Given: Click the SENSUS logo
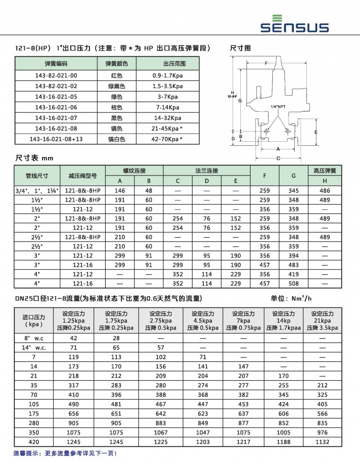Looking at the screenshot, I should tap(295, 24).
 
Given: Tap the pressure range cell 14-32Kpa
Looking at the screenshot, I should tap(167, 118).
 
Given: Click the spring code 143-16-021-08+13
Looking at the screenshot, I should tap(56, 139).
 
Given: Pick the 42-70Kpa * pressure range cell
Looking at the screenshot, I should tap(167, 139).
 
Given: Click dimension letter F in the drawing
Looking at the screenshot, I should tap(266, 63).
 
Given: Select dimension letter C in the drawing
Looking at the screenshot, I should tap(278, 158).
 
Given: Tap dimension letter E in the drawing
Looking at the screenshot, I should tap(316, 132).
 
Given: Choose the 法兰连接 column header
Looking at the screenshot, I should tap(207, 171).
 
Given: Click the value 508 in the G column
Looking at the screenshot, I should tap(294, 283).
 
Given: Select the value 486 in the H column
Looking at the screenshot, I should tap(325, 190).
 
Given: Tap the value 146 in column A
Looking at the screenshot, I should tap(120, 190).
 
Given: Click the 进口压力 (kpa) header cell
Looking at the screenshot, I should tap(34, 320).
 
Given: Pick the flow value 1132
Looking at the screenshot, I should tap(322, 442).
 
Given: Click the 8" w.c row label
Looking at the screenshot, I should tap(34, 338).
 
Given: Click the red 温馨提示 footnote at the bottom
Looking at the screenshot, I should tap(65, 454).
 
